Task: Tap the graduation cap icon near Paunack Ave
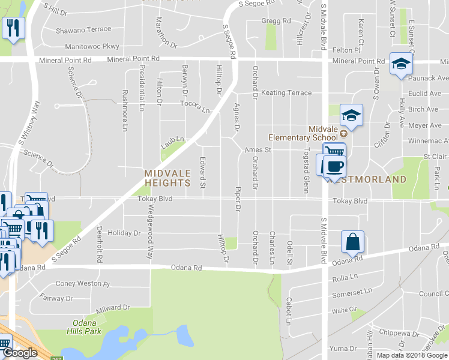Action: (x=400, y=64)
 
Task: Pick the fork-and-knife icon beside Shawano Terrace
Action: (x=13, y=27)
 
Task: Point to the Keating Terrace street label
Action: (x=286, y=93)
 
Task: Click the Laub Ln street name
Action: (x=172, y=142)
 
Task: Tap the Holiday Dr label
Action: (x=124, y=233)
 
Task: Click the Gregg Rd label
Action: (x=276, y=20)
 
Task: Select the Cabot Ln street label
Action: (x=289, y=311)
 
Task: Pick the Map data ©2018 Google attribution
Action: (x=412, y=355)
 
